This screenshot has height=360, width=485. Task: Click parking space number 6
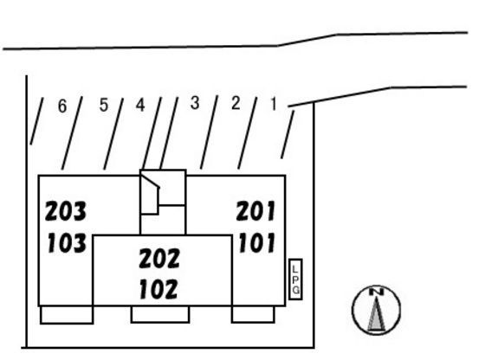[62, 106]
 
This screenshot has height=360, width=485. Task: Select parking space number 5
[104, 105]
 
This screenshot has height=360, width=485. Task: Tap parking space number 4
[140, 105]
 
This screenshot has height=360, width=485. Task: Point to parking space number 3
[195, 103]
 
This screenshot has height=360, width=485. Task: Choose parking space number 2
[236, 103]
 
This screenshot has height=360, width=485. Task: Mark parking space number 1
[274, 104]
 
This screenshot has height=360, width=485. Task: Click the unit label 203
[66, 211]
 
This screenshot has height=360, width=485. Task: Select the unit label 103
[67, 243]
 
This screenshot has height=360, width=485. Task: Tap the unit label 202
[159, 258]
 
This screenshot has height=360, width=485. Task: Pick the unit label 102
[158, 289]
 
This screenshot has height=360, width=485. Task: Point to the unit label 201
[255, 211]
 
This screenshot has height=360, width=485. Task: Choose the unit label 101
[256, 243]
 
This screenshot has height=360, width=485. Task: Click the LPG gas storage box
[295, 280]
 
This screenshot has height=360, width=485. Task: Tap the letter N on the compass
[376, 292]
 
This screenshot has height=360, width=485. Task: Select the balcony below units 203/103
[67, 315]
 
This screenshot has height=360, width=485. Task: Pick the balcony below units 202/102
[160, 314]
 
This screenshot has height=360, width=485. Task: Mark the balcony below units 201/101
[253, 314]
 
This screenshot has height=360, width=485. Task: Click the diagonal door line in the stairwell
[151, 181]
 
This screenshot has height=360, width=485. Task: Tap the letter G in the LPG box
[295, 290]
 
